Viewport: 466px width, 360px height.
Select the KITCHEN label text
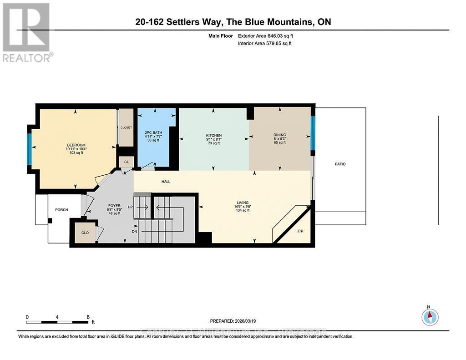tap(213, 136)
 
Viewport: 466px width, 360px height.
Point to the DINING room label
tap(279, 135)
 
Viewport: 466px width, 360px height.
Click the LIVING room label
tap(242, 203)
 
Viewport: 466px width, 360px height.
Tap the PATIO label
tap(340, 164)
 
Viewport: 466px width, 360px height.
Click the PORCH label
tap(61, 210)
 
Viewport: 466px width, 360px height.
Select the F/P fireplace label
tap(300, 232)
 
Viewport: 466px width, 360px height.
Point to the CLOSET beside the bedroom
tap(126, 128)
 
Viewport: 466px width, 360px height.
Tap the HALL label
tap(166, 182)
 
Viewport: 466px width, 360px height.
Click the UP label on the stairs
tap(130, 207)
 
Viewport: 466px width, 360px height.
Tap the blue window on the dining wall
tap(313, 133)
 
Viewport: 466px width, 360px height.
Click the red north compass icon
tap(429, 316)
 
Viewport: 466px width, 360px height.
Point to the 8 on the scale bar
tap(87, 317)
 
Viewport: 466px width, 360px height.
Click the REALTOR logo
tap(27, 32)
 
